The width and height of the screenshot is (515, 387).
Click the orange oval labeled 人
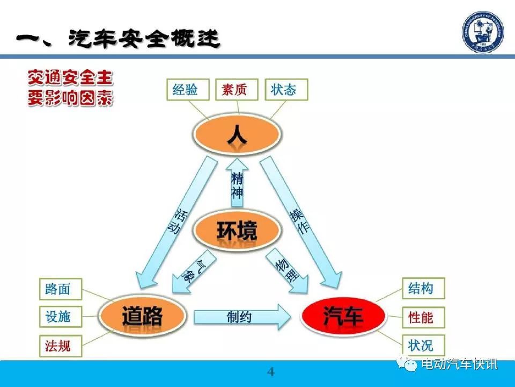(237, 134)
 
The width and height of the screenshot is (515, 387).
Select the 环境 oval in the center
(237, 230)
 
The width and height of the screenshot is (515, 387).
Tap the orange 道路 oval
(142, 315)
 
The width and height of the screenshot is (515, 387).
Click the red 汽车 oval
(343, 315)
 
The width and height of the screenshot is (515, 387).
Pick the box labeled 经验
(188, 89)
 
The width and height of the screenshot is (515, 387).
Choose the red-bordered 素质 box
(237, 89)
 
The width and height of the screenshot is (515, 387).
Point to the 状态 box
(286, 89)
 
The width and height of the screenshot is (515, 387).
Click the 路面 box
(61, 289)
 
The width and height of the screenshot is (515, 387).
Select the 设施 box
(61, 317)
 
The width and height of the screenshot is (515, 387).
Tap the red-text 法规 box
(61, 346)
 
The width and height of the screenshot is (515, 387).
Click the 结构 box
(424, 288)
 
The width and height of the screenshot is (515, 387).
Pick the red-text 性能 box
(424, 318)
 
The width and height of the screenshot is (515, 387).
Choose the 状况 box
(424, 346)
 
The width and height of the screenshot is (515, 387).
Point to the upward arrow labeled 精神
(237, 183)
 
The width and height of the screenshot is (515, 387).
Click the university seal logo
(482, 32)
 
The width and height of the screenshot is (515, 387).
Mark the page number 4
(270, 372)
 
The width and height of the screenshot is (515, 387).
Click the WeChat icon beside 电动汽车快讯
(407, 364)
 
